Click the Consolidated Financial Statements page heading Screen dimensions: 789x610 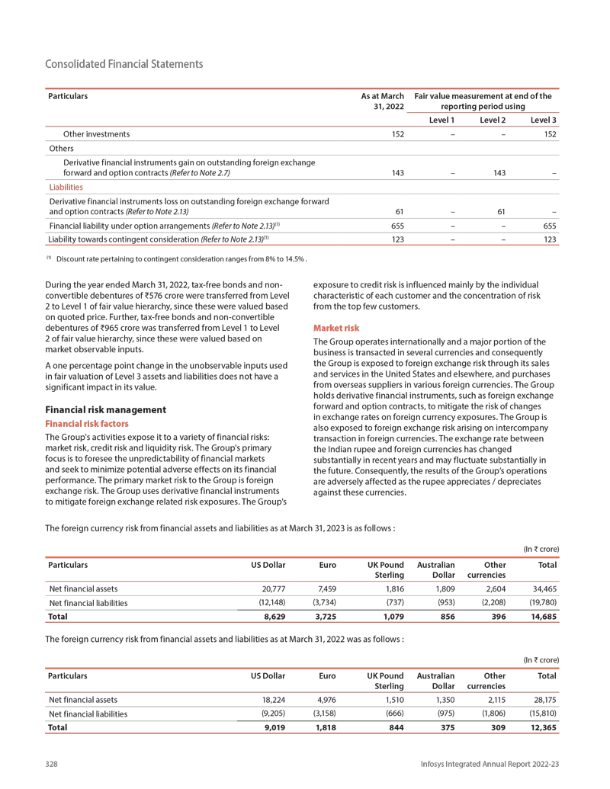124,64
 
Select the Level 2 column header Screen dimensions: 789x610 493,120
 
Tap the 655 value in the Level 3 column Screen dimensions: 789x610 549,226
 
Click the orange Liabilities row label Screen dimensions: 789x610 65,186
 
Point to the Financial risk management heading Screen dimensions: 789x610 106,409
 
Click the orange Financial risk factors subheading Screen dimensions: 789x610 88,423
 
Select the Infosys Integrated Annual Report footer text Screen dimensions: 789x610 492,764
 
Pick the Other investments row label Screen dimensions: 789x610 96,134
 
